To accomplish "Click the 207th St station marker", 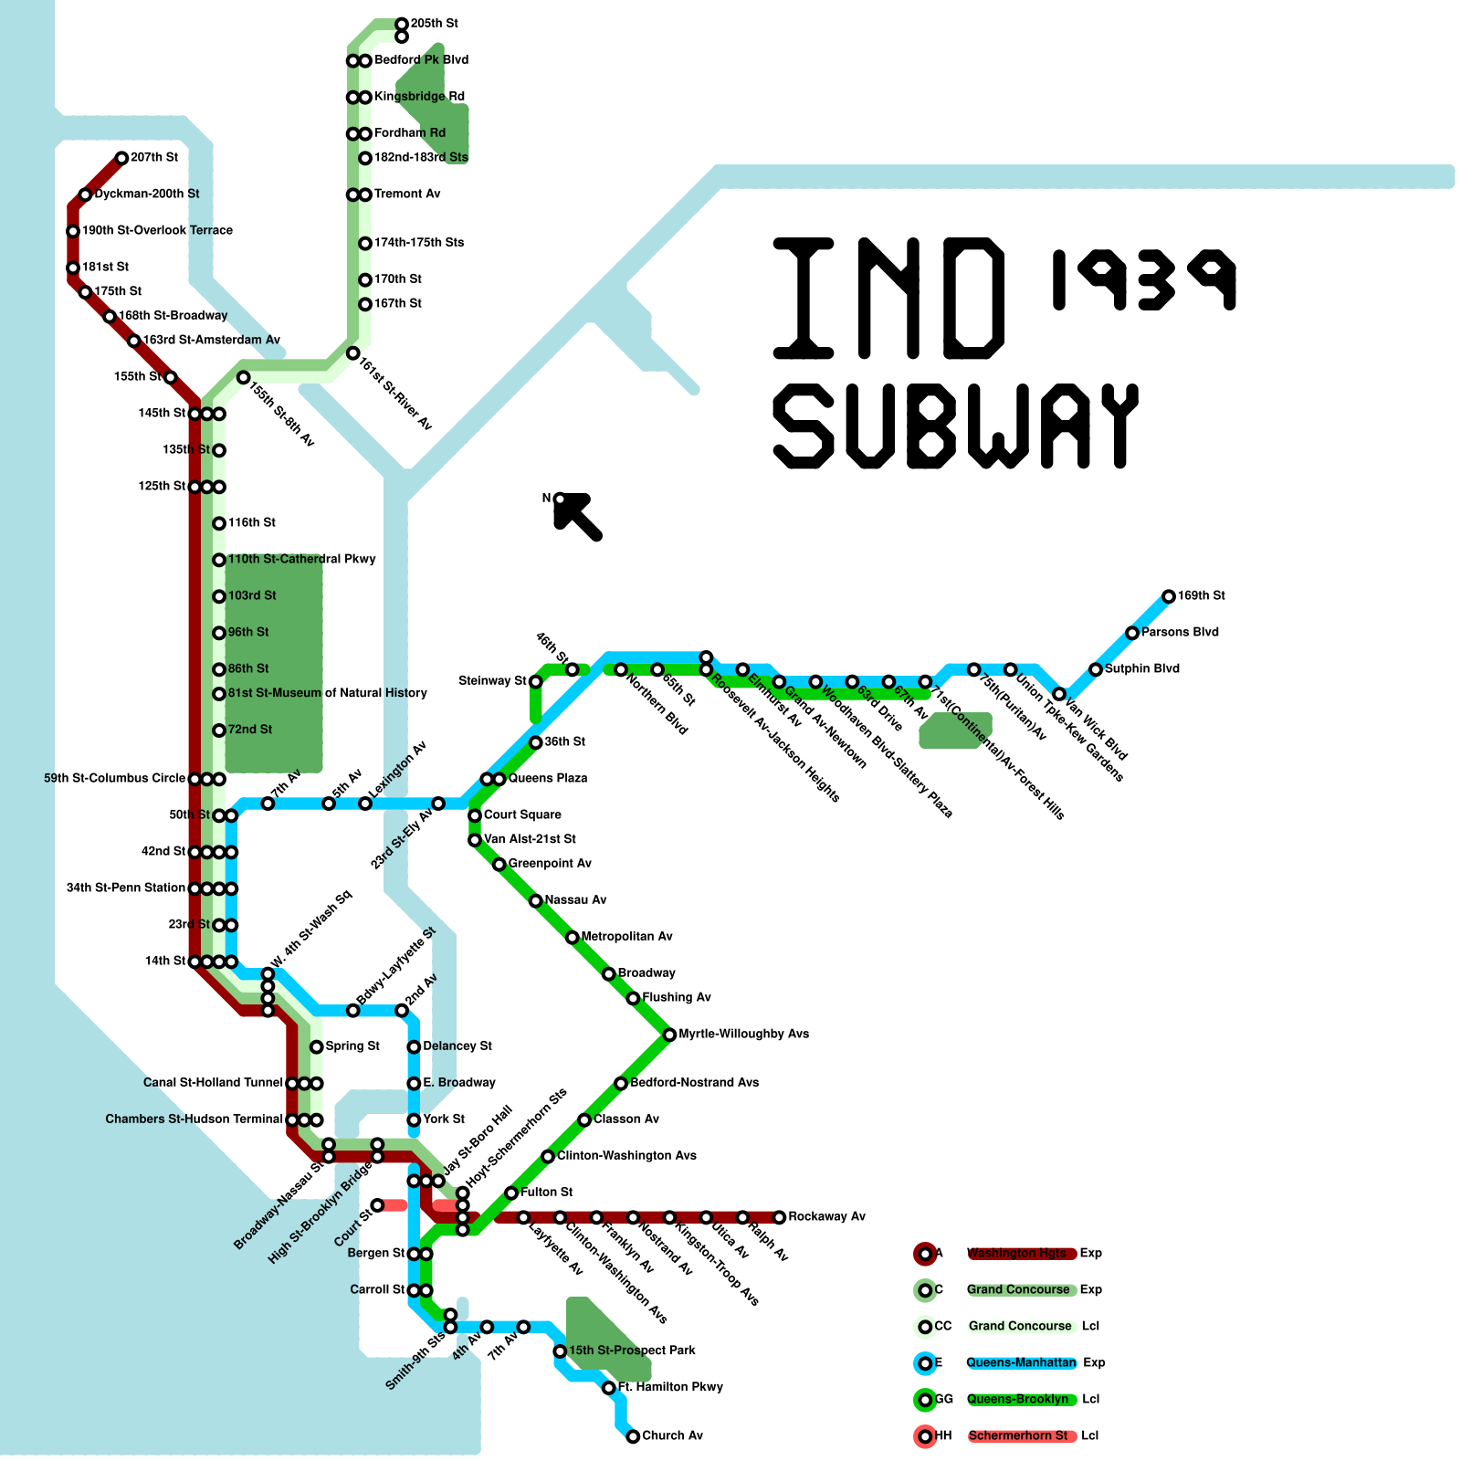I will click(x=121, y=158).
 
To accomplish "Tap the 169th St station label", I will click(x=1201, y=596).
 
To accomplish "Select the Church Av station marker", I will click(x=633, y=1436).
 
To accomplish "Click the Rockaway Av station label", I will click(x=826, y=1217).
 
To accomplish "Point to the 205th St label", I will click(x=435, y=24).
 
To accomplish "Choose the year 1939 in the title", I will click(x=1143, y=279).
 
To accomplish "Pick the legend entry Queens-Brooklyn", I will click(x=1017, y=1400).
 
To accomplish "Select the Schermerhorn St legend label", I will click(x=1018, y=1436).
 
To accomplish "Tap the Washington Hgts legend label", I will click(x=1016, y=1254).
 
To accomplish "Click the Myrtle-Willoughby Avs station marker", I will click(x=669, y=1035).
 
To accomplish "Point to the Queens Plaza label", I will click(x=548, y=779).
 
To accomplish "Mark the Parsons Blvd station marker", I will click(x=1132, y=633).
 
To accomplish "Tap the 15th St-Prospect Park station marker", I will click(x=560, y=1351).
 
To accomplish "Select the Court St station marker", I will click(x=377, y=1205).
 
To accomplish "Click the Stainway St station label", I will click(x=493, y=681).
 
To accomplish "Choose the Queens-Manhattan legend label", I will click(x=1021, y=1363).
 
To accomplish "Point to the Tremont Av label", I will click(x=407, y=194).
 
